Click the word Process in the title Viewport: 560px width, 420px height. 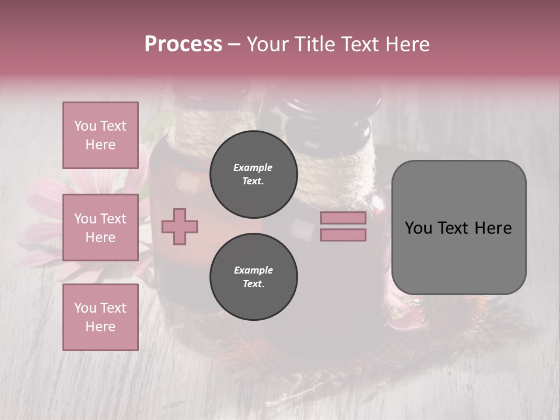tap(183, 44)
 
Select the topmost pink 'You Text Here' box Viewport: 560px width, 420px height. tap(100, 135)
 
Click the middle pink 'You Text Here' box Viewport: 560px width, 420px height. tap(100, 228)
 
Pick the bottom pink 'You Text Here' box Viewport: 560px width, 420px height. tap(100, 317)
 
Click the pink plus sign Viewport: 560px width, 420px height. tap(180, 227)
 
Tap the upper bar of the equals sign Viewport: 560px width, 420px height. tap(343, 218)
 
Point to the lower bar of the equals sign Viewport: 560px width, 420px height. tap(343, 235)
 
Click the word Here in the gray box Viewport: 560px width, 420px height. tap(493, 228)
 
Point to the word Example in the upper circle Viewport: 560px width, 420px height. tap(253, 167)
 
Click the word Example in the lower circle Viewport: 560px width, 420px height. tap(253, 270)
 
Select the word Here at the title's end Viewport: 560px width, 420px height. tap(409, 44)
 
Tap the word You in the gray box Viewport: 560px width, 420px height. tap(418, 228)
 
